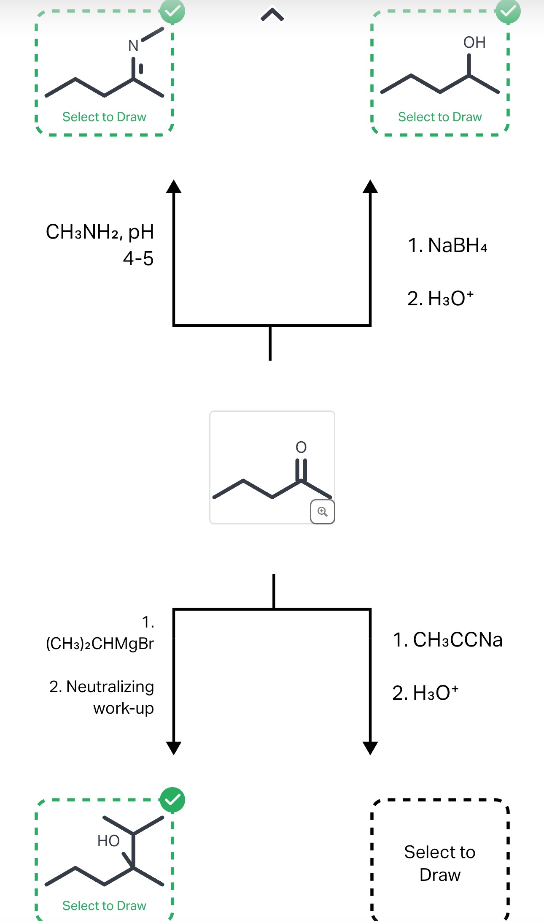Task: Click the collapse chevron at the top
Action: [x=272, y=15]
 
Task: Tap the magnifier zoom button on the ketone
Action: [x=323, y=512]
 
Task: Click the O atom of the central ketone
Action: [x=301, y=447]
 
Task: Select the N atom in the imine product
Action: [x=133, y=46]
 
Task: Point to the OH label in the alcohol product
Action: [x=474, y=43]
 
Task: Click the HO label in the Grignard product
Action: [x=108, y=841]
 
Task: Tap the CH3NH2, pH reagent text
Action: [x=100, y=232]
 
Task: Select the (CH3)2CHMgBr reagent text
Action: [x=100, y=644]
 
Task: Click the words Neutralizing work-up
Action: [x=110, y=697]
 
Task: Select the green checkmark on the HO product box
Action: [x=172, y=800]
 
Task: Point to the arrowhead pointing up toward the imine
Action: [x=174, y=186]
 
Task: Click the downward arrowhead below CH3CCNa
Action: [x=370, y=748]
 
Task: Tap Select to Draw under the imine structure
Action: [x=104, y=117]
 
